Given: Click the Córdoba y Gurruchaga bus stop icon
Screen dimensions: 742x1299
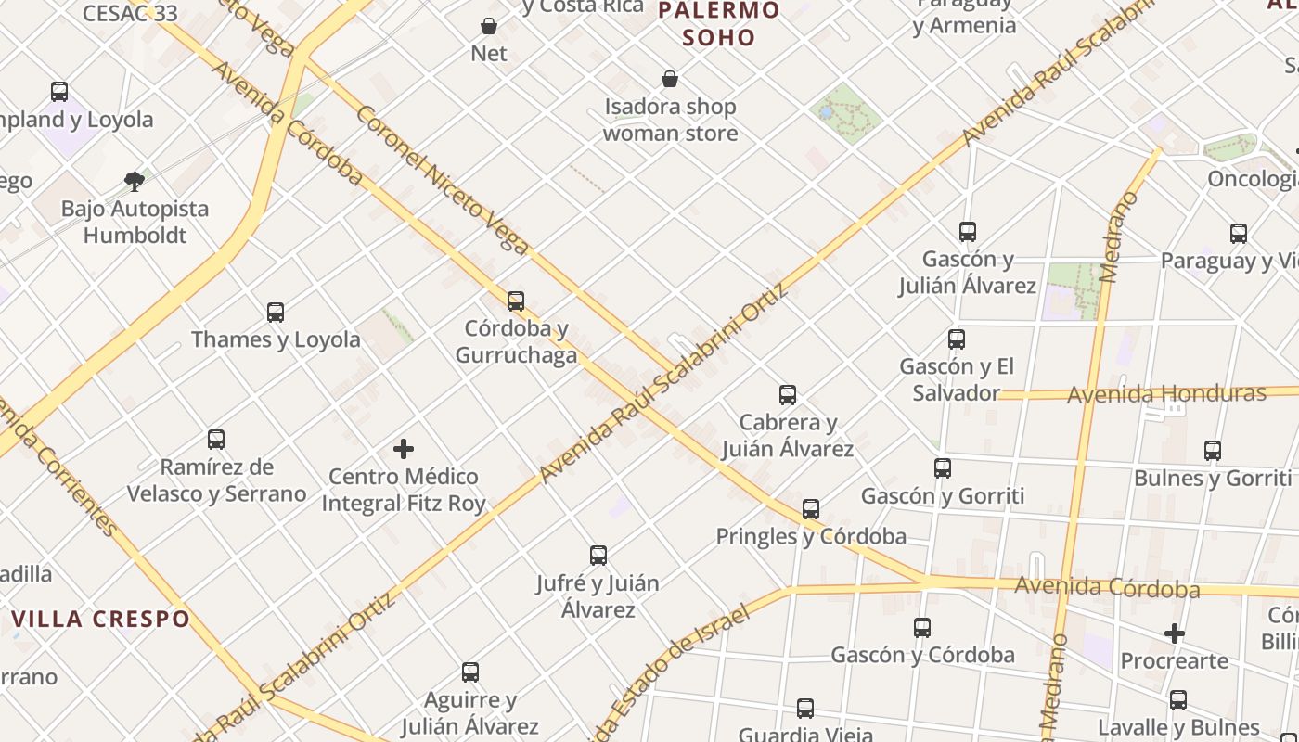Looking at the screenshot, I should tap(516, 301).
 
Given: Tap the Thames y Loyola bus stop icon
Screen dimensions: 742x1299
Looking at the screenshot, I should tap(276, 312).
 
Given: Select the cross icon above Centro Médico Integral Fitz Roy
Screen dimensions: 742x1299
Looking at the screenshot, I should tap(404, 449).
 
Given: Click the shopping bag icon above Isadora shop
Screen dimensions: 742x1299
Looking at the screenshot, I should tap(670, 79).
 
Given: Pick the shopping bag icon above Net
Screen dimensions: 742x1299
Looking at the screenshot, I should tap(489, 26).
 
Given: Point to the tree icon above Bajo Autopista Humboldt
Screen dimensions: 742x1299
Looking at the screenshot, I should tap(135, 181).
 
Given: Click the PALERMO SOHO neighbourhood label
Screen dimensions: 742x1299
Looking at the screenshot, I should tap(718, 24).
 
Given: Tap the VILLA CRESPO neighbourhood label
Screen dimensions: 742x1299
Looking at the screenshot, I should tap(101, 619).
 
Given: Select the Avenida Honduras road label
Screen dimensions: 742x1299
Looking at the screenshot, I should tap(1166, 393).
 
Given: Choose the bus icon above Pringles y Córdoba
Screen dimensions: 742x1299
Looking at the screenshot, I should tap(811, 509).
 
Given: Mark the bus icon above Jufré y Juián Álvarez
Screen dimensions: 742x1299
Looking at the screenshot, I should tap(598, 556).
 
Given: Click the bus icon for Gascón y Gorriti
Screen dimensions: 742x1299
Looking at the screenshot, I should tap(943, 468).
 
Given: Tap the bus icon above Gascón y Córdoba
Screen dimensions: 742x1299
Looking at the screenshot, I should tap(922, 628).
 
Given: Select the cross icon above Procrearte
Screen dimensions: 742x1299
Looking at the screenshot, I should tap(1175, 633).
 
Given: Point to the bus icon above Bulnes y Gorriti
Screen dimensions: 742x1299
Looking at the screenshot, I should tap(1213, 451).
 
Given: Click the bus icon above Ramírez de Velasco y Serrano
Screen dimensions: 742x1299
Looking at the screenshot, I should tap(216, 439).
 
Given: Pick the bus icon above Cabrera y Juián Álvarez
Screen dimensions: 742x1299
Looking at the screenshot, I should tap(788, 395).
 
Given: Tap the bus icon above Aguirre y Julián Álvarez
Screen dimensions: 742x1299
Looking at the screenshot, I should tap(470, 672).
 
